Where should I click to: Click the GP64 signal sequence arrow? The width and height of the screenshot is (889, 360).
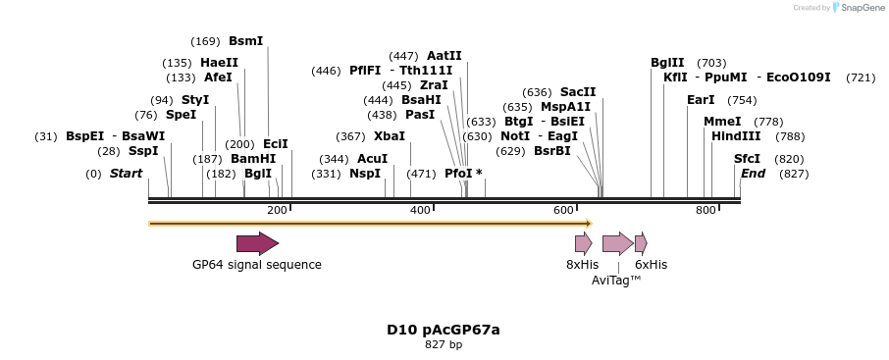[257, 243]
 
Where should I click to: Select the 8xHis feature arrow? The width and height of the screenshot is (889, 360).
[583, 243]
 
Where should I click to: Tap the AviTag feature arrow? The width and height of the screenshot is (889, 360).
[617, 243]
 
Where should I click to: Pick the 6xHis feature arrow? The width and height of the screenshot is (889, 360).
[641, 243]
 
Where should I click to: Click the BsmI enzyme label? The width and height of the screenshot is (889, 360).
[245, 41]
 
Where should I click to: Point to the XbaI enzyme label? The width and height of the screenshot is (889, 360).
[390, 136]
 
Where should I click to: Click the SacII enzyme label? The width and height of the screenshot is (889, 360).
[578, 92]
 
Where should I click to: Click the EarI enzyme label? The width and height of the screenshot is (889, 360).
[701, 100]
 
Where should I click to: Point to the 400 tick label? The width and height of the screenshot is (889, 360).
[420, 210]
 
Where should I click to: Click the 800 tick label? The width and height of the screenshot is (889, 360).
[706, 210]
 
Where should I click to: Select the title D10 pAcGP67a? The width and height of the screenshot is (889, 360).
[444, 330]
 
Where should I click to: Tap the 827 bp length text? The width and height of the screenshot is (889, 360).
[444, 344]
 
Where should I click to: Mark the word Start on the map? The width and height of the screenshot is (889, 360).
[126, 174]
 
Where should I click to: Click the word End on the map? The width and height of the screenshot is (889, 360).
[753, 174]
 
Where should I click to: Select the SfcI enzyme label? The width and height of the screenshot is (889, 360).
[748, 158]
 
